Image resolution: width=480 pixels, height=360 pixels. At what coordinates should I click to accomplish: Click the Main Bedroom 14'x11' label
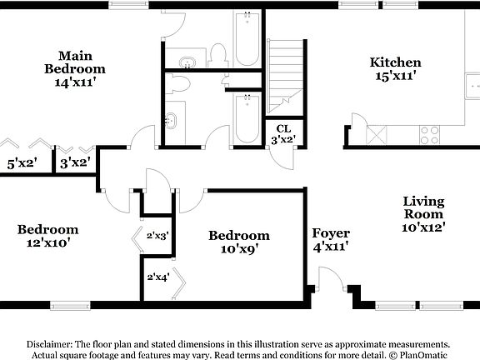(74, 68)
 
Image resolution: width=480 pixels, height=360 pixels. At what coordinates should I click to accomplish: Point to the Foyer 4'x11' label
(331, 239)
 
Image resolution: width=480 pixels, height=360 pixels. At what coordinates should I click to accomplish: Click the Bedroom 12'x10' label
(47, 236)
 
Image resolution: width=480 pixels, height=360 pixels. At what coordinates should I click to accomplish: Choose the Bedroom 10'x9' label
(239, 242)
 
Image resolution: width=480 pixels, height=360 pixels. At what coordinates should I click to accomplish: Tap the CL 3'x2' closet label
(283, 135)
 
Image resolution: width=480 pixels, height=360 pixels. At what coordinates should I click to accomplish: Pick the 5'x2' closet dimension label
(22, 162)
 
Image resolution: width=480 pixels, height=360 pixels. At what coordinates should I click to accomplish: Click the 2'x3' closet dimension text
(158, 236)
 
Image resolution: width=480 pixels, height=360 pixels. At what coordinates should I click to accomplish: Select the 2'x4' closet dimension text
(158, 277)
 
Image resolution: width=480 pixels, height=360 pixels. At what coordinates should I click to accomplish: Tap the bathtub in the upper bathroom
(247, 38)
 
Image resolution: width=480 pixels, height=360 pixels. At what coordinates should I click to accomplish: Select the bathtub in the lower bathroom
(247, 119)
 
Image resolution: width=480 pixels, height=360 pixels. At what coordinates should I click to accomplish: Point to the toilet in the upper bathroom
(218, 56)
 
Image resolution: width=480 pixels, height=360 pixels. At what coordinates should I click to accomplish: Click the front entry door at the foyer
(332, 282)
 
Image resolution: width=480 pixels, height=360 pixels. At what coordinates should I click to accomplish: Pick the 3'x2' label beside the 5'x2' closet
(75, 162)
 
